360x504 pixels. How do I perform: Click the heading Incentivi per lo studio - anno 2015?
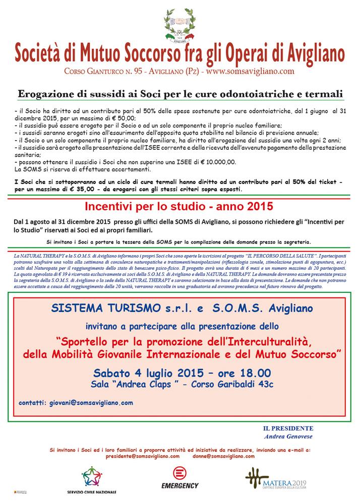pos(180,206)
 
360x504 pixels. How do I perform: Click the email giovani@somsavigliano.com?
pos(89,403)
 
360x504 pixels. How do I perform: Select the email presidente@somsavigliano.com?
pos(143,455)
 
